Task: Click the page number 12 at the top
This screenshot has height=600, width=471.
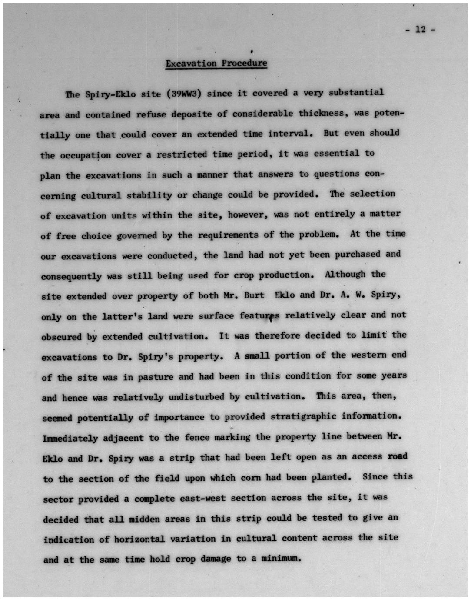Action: coord(420,30)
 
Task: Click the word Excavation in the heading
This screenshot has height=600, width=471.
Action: coord(191,64)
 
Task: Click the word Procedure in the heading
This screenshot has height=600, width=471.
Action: coord(244,63)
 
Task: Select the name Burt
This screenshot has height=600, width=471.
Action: coord(254,295)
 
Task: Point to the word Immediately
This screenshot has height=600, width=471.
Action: coord(70,438)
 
